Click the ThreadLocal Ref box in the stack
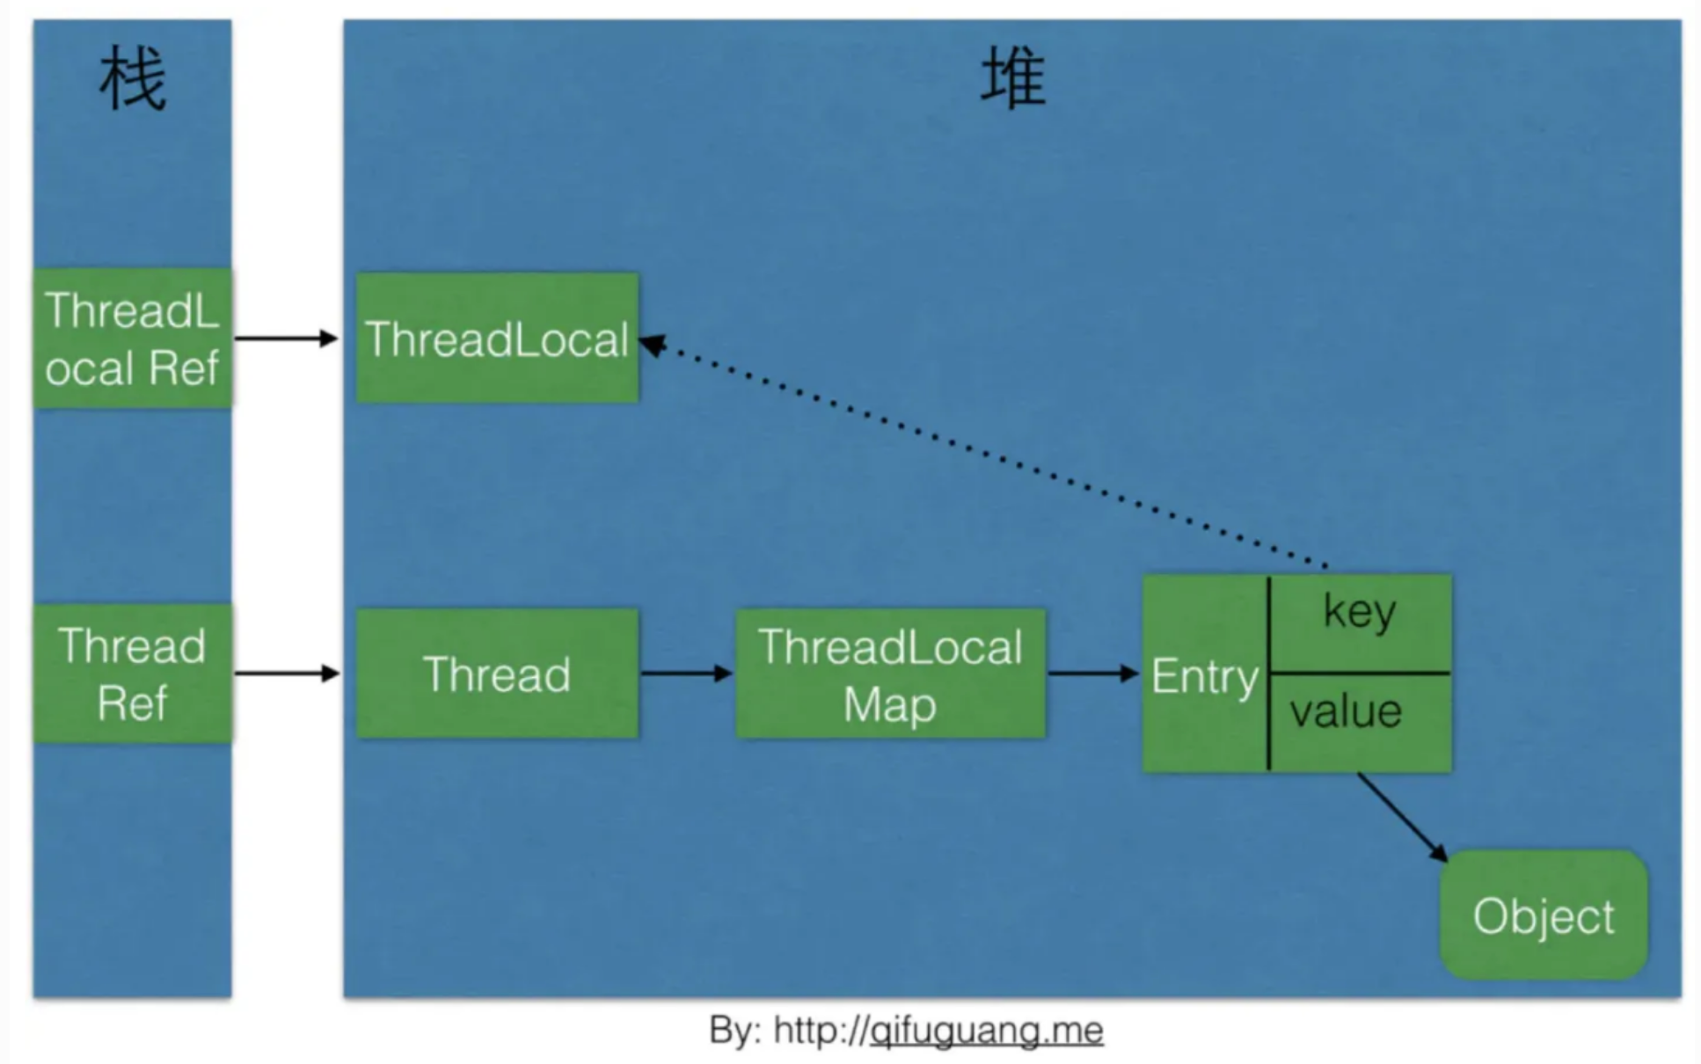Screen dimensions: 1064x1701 (132, 339)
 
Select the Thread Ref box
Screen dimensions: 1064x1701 (132, 674)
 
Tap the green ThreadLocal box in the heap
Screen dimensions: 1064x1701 (497, 339)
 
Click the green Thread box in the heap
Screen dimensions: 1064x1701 (497, 674)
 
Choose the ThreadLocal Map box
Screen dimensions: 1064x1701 (890, 674)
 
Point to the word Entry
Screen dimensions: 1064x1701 (1205, 676)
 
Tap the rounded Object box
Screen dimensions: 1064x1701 (1544, 915)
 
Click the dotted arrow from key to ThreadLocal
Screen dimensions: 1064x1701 (985, 453)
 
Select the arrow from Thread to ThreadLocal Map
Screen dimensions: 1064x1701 (686, 674)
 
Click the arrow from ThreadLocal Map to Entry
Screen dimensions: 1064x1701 (1093, 674)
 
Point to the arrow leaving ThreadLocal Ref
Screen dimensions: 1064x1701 (286, 339)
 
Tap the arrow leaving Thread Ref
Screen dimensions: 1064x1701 (286, 674)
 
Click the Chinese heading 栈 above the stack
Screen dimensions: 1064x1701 (132, 80)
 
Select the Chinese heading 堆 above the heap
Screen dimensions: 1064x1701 (1013, 80)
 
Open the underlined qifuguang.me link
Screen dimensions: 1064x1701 (986, 1030)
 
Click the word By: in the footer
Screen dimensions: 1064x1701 (735, 1030)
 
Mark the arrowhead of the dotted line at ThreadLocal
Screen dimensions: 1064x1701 (653, 345)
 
